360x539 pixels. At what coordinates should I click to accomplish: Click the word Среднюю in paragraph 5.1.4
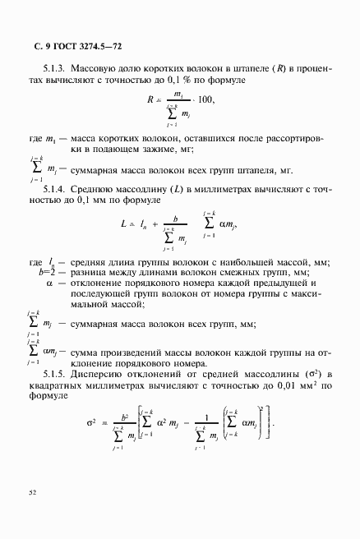93,190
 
